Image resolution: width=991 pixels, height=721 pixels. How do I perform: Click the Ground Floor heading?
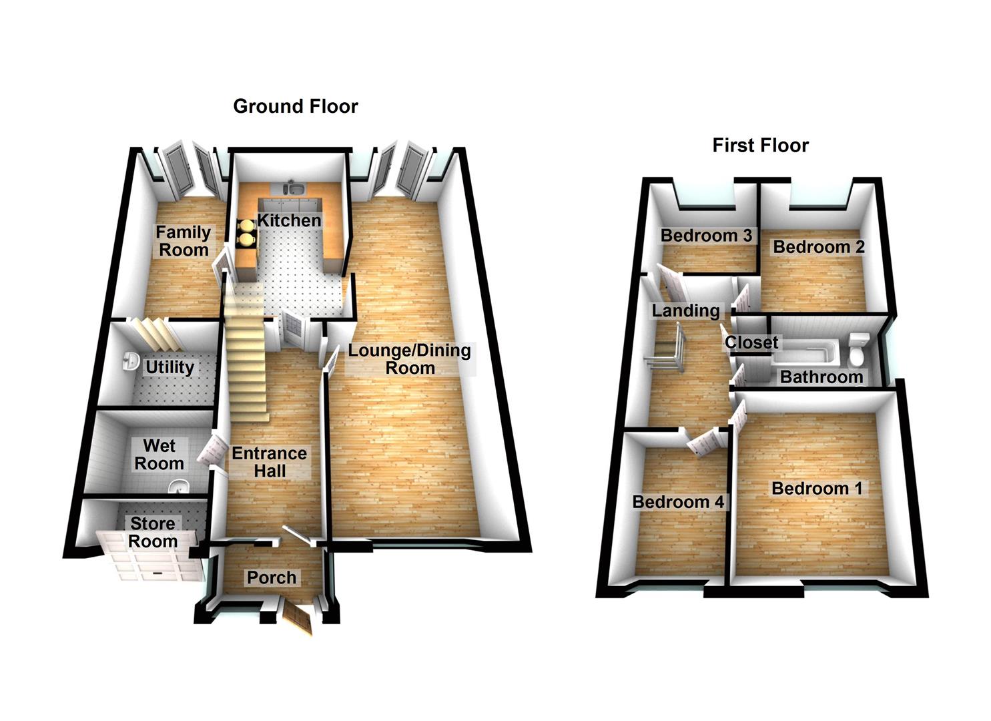(x=296, y=106)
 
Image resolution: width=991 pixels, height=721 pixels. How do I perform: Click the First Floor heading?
(x=761, y=145)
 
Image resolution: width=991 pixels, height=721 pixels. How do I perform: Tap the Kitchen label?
(x=290, y=220)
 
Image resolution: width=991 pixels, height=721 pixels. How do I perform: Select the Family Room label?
(x=183, y=241)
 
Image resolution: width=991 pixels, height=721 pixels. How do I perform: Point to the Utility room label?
(x=170, y=367)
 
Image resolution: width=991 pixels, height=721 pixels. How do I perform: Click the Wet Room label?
(x=159, y=455)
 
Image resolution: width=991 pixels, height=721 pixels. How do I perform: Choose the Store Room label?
(x=153, y=533)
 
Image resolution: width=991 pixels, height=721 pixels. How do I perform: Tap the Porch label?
(x=272, y=577)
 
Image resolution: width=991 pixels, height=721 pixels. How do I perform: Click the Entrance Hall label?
(x=270, y=462)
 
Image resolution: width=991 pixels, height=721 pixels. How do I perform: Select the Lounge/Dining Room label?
(x=410, y=359)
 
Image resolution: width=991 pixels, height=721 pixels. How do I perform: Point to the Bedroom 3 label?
(x=707, y=236)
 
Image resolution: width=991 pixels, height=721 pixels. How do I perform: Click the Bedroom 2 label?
(x=819, y=247)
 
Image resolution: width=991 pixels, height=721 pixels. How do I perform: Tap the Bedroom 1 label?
(x=817, y=489)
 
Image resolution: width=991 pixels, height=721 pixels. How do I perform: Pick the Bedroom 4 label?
(x=678, y=502)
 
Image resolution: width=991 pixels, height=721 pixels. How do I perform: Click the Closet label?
(x=751, y=342)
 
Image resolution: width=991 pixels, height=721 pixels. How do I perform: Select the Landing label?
(x=686, y=310)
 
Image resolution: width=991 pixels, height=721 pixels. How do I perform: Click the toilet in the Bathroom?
(x=859, y=350)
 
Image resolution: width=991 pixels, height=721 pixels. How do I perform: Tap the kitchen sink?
(x=294, y=188)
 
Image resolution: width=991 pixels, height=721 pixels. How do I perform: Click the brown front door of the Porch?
(x=298, y=618)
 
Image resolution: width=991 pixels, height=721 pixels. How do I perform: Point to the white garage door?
(x=149, y=556)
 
